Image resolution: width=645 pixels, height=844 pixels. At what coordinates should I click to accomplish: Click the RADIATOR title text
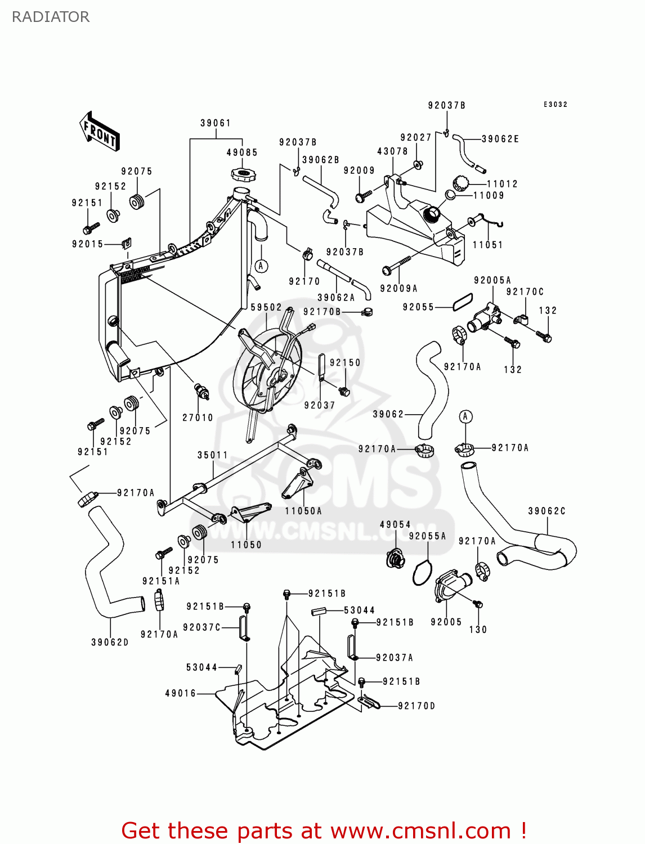tap(51, 17)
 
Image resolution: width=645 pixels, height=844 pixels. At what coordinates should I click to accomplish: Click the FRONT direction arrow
tap(99, 132)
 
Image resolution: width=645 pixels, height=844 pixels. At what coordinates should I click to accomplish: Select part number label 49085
tap(242, 152)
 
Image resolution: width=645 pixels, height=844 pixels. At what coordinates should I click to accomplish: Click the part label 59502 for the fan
tap(266, 307)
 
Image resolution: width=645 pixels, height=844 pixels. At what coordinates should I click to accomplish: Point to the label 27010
tap(198, 417)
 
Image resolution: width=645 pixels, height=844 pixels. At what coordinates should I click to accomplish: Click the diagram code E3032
tap(555, 105)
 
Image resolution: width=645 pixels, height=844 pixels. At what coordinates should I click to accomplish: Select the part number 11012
tap(502, 184)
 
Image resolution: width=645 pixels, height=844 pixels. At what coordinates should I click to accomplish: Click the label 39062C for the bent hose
tap(547, 511)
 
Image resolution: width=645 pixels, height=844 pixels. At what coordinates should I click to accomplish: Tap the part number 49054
tap(395, 524)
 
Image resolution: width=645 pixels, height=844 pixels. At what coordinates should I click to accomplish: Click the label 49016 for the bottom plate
tap(181, 693)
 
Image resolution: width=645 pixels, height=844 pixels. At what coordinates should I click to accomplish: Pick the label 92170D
tap(416, 706)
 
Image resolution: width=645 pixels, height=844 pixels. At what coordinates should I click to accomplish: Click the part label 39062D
tap(110, 642)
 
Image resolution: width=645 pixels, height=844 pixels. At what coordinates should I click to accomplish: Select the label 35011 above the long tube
tap(213, 455)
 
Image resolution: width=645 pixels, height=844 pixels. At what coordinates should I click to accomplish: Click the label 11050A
tap(303, 511)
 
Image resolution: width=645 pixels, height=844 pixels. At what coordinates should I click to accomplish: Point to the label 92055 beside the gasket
tap(418, 307)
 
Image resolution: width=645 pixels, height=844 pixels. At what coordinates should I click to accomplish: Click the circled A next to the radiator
tap(261, 266)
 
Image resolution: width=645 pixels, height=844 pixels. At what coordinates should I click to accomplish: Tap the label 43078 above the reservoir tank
tap(392, 151)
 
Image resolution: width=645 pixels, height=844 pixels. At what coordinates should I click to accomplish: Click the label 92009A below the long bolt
tap(398, 289)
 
